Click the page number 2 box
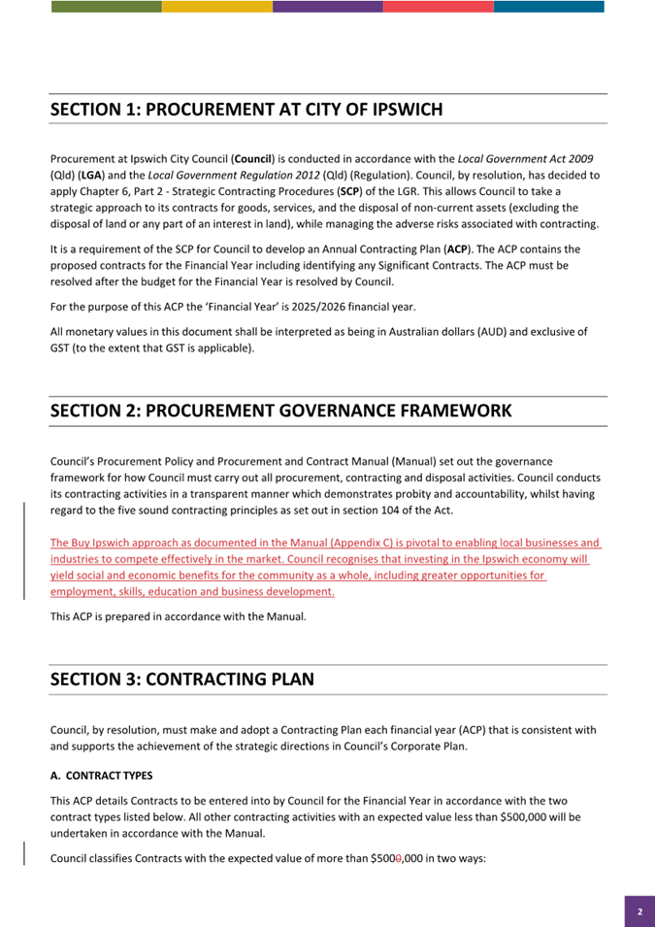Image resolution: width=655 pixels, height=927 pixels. click(639, 911)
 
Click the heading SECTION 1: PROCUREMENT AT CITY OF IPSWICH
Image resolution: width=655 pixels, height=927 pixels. click(246, 110)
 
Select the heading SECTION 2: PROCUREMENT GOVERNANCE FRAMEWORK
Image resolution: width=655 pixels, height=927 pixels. click(280, 411)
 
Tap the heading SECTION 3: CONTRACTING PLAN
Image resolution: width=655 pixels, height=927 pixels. click(182, 679)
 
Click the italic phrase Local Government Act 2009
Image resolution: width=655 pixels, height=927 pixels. click(525, 158)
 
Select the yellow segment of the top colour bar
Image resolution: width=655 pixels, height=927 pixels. click(217, 7)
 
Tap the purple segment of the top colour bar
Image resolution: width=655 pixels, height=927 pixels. click(327, 7)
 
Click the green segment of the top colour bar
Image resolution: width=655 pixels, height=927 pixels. click(107, 7)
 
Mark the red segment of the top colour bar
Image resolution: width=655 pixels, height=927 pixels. click(438, 7)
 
